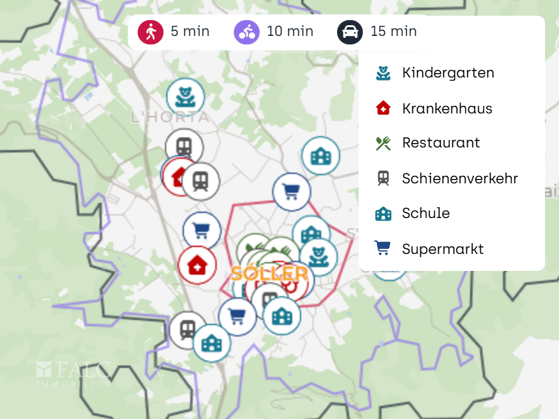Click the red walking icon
click(x=151, y=32)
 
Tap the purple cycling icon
click(x=246, y=32)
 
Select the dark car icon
click(x=350, y=32)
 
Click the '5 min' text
click(x=190, y=32)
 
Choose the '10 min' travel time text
click(x=290, y=32)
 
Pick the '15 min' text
click(x=393, y=32)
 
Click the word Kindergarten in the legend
click(x=447, y=73)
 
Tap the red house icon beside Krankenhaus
click(x=383, y=108)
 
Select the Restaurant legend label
click(x=441, y=143)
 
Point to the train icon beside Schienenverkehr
click(x=383, y=178)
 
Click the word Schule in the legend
click(x=425, y=214)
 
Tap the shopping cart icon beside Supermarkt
click(x=383, y=248)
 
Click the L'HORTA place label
click(x=170, y=117)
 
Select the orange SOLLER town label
click(x=269, y=274)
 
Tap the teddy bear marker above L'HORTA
click(x=185, y=97)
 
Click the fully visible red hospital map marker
click(x=197, y=265)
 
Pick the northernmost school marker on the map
click(x=321, y=156)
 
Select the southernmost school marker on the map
click(x=212, y=343)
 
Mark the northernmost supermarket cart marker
click(x=291, y=192)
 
